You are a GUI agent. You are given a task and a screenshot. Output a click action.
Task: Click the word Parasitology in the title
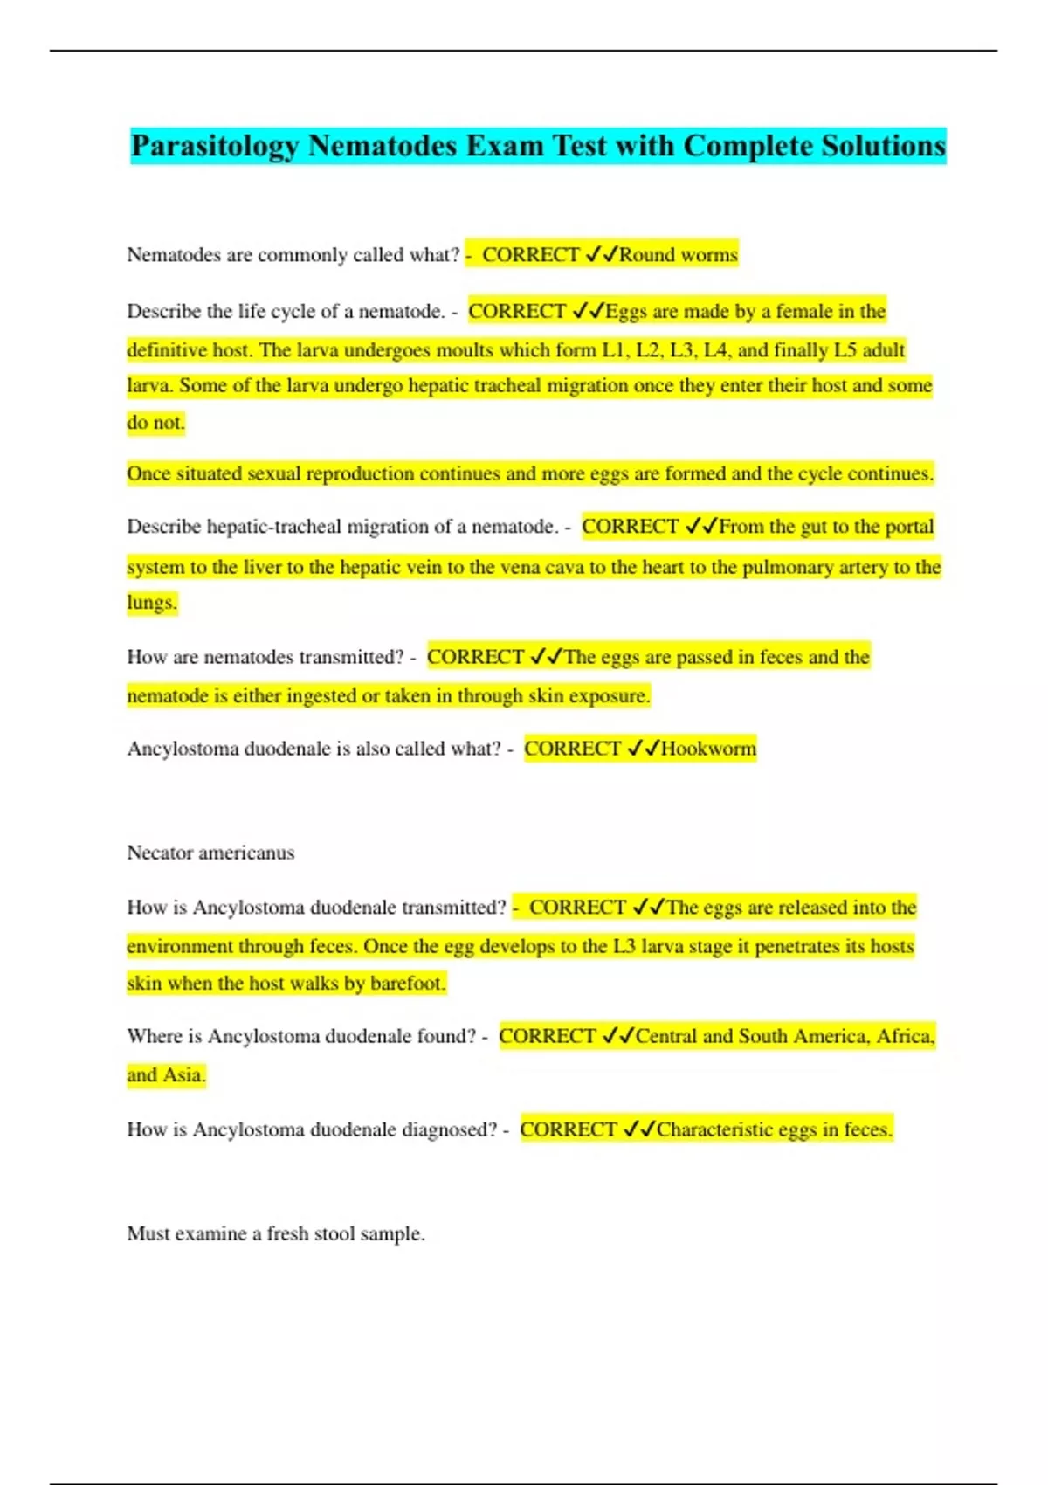coord(215,146)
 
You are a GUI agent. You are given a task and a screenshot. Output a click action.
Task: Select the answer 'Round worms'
coord(679,255)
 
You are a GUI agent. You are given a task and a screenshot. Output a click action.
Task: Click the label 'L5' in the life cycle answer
coord(845,350)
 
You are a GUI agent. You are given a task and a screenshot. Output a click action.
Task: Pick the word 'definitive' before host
coord(167,350)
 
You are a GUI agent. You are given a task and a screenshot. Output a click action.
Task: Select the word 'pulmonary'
coord(787,567)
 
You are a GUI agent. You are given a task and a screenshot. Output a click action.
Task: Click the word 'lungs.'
coord(152,603)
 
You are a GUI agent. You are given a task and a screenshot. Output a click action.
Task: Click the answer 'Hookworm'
coord(708,749)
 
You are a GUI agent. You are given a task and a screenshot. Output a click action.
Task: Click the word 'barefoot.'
coord(408,984)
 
